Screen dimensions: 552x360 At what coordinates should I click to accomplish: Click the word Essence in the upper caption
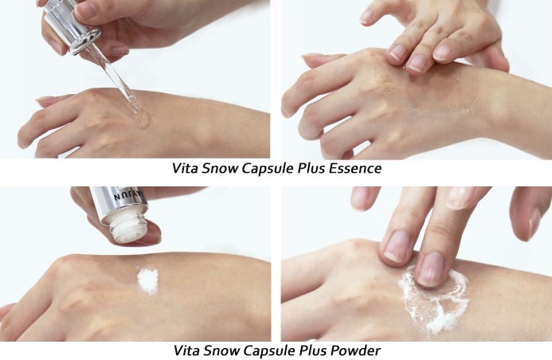(355, 168)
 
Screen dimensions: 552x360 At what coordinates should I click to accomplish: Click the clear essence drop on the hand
(142, 118)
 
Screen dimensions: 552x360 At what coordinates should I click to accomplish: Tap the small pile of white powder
(147, 280)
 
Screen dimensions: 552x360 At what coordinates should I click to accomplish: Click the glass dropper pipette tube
(116, 80)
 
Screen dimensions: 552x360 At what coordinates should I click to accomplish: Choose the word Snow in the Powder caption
(221, 350)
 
